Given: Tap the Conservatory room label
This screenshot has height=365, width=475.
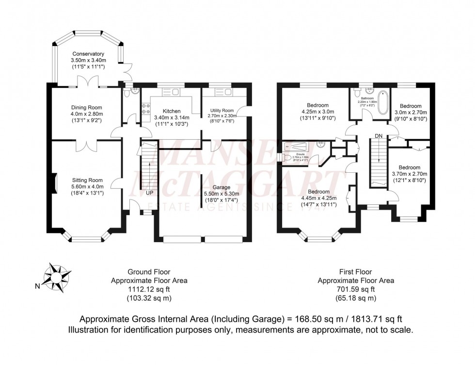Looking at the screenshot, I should click(x=88, y=54).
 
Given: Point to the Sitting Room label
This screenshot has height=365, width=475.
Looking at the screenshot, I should click(x=88, y=180).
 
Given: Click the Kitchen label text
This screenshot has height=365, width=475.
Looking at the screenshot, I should click(x=172, y=111).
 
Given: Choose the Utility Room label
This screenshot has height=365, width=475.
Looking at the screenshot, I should click(x=222, y=111).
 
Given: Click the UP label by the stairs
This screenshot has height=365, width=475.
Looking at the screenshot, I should click(x=150, y=193).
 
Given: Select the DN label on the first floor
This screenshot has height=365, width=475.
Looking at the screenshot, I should click(x=380, y=135).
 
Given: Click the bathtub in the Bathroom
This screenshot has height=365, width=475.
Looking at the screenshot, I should click(x=383, y=102).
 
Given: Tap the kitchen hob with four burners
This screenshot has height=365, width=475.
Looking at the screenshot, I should click(x=145, y=110).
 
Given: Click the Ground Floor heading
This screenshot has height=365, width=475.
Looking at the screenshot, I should click(x=149, y=272).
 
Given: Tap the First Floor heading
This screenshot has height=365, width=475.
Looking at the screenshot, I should click(x=356, y=272).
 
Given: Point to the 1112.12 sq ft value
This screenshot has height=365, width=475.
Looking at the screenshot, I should click(x=149, y=289).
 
